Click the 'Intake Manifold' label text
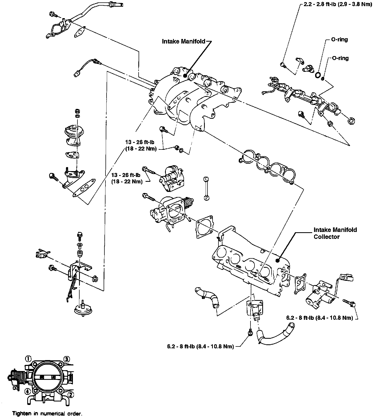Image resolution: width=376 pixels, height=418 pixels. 184,41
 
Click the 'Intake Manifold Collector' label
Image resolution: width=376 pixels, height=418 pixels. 335,233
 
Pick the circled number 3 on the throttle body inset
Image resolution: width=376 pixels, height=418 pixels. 67,358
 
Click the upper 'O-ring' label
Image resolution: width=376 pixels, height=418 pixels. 339,40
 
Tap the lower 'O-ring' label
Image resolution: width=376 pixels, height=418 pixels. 340,58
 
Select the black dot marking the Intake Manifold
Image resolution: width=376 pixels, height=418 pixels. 185,76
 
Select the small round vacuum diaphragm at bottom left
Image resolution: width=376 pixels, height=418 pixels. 83,310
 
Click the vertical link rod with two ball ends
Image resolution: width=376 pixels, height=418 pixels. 206,188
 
